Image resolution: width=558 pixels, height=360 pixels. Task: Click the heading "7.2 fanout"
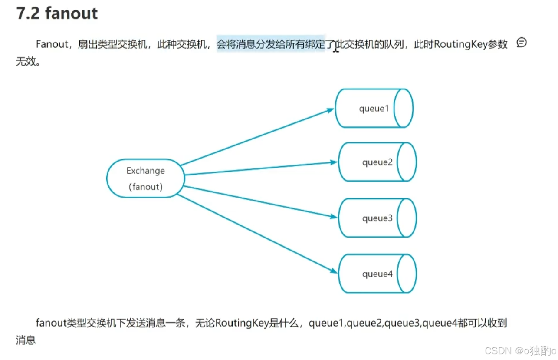(57, 13)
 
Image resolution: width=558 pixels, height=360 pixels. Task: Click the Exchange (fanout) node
(145, 178)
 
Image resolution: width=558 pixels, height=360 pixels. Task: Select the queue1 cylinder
(374, 108)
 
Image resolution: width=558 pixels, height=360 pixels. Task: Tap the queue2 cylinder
(377, 162)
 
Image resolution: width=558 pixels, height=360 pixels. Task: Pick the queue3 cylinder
(377, 218)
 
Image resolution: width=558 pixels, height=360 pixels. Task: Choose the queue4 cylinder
(377, 274)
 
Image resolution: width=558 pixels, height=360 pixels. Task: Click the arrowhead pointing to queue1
(331, 110)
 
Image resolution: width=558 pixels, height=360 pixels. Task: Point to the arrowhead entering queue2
(334, 162)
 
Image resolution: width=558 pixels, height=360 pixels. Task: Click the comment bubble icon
(522, 43)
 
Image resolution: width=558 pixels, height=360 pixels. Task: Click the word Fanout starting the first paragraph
(52, 44)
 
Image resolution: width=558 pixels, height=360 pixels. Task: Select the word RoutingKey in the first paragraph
(460, 44)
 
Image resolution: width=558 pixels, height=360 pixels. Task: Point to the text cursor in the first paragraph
(336, 49)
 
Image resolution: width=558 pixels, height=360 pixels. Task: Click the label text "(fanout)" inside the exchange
(146, 187)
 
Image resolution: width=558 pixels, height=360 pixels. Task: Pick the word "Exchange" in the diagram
(146, 171)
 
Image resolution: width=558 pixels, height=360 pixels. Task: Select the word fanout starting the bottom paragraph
(51, 323)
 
